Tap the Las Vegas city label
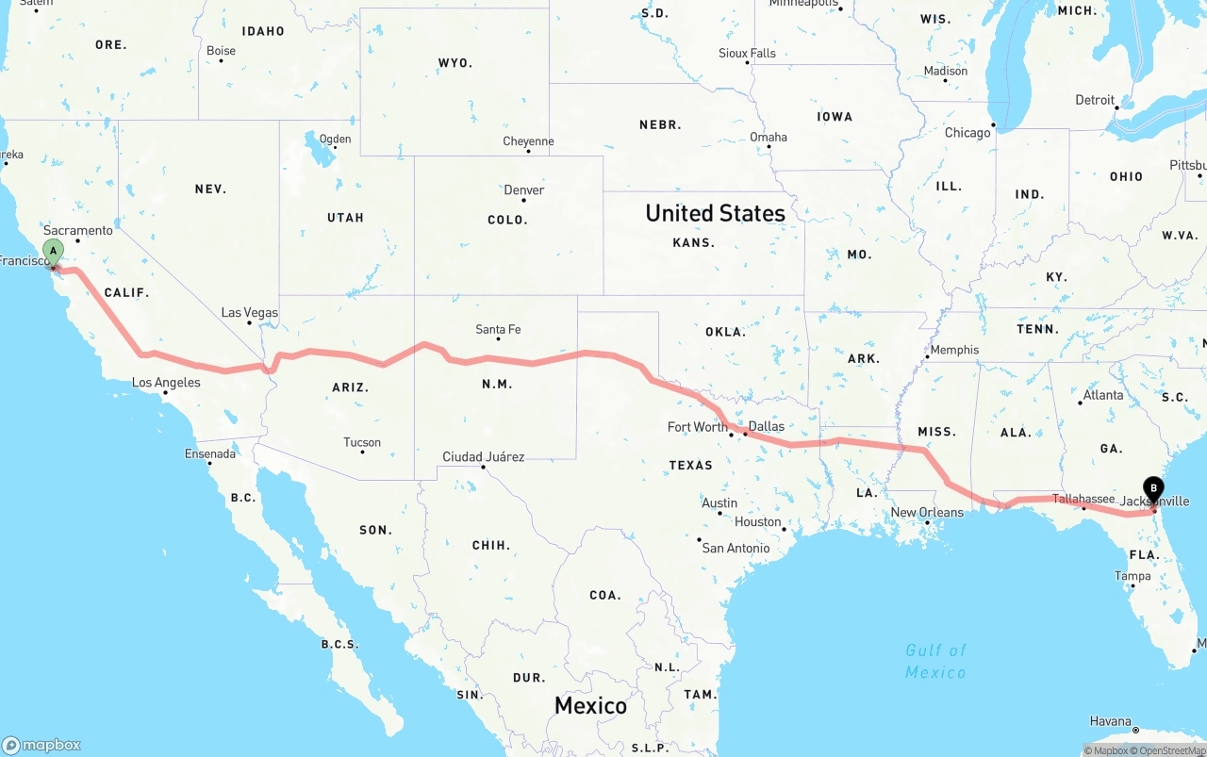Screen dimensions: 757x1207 pyautogui.click(x=249, y=312)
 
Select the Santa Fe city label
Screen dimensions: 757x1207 pyautogui.click(x=498, y=329)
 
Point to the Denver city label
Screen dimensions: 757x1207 pyautogui.click(x=523, y=189)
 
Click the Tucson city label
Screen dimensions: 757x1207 pyautogui.click(x=362, y=442)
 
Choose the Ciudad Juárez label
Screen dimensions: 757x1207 pyautogui.click(x=483, y=456)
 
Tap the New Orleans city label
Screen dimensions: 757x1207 pyautogui.click(x=927, y=512)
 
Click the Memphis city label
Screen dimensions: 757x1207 pyautogui.click(x=954, y=350)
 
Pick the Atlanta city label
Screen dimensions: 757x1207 pyautogui.click(x=1102, y=395)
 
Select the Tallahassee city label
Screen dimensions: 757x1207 pyautogui.click(x=1083, y=499)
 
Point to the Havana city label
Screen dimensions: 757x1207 pyautogui.click(x=1110, y=721)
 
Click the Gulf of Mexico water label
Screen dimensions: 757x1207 pyautogui.click(x=935, y=661)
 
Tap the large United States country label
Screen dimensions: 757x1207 pyautogui.click(x=715, y=213)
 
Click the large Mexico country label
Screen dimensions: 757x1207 pyautogui.click(x=590, y=705)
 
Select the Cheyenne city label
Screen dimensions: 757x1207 pyautogui.click(x=528, y=141)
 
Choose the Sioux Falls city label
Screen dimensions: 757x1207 pyautogui.click(x=747, y=53)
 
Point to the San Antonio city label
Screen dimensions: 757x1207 pyautogui.click(x=736, y=548)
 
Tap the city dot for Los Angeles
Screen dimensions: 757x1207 pyautogui.click(x=166, y=393)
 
